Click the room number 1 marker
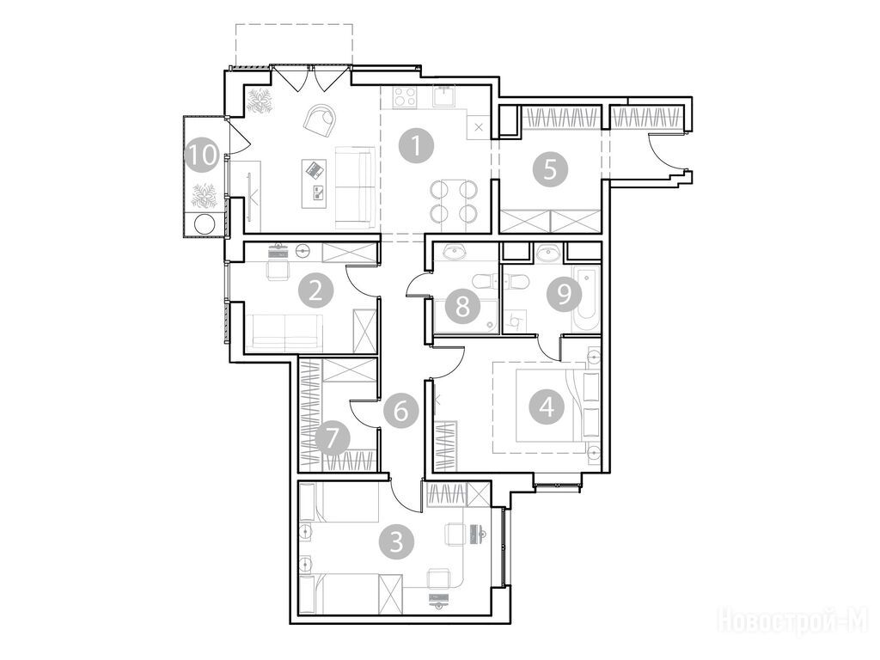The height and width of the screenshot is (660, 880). click(x=416, y=146)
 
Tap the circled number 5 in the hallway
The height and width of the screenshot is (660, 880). click(x=550, y=169)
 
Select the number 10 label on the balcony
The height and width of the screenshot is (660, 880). click(x=202, y=155)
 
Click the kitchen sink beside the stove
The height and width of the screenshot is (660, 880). click(x=446, y=95)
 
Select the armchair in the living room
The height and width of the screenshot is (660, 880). click(x=320, y=119)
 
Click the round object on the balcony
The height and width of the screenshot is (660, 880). click(x=204, y=225)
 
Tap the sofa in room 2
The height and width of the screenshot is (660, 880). click(x=285, y=333)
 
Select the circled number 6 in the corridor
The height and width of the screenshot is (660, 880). click(x=400, y=412)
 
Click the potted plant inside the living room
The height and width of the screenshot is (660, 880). click(x=260, y=101)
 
